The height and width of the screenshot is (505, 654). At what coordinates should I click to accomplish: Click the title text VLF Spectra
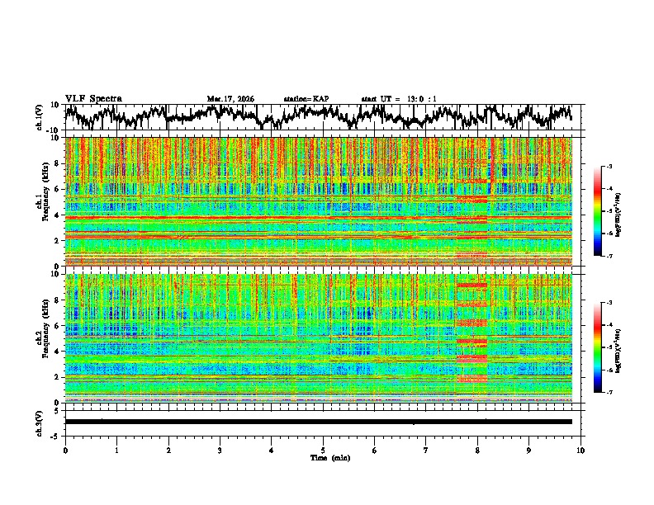[x=93, y=98]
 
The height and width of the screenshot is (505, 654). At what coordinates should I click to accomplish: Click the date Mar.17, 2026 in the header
[x=230, y=99]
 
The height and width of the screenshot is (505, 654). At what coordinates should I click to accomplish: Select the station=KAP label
[x=306, y=99]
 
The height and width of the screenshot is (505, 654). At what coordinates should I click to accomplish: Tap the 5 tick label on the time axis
[x=323, y=450]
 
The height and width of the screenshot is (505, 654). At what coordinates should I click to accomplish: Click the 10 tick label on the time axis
[x=581, y=450]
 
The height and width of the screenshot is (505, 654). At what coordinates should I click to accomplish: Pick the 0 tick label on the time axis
[x=65, y=450]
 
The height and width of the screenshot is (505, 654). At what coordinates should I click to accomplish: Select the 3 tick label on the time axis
[x=220, y=450]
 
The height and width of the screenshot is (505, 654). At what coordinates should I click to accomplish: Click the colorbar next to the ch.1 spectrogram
[x=604, y=211]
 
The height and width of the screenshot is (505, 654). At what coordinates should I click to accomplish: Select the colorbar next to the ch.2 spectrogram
[x=604, y=347]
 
